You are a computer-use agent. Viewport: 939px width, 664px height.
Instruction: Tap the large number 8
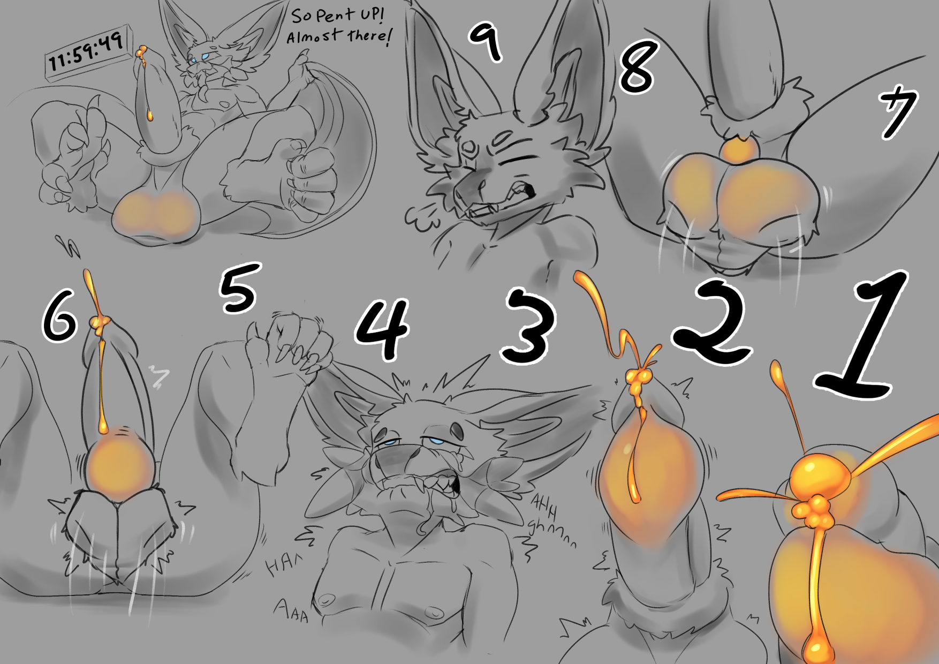638,67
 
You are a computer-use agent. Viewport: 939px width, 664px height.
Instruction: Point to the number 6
60,319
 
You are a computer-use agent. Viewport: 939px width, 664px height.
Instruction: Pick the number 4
382,329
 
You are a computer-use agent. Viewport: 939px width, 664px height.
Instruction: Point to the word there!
369,36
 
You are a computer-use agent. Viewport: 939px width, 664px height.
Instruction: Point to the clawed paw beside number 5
289,343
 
